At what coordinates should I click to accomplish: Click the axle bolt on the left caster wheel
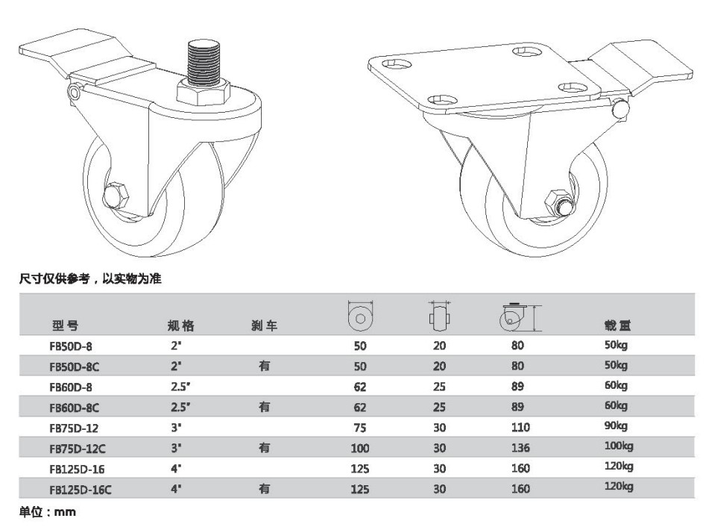coord(116,196)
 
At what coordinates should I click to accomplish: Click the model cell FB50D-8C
coord(74,367)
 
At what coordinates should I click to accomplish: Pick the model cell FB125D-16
coord(77,469)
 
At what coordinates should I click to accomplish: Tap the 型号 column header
coord(65,325)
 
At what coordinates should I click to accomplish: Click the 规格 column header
coord(181,325)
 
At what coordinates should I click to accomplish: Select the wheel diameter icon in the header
coord(360,316)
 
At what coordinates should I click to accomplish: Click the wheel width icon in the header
coord(440,316)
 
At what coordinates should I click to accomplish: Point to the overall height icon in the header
coord(520,317)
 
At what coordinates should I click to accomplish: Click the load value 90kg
coord(617,426)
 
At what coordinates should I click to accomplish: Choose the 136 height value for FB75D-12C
coord(520,448)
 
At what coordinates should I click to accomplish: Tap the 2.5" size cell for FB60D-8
coord(180,387)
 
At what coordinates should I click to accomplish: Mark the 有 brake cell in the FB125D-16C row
coord(265,489)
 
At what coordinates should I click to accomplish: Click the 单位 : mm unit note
coord(48,512)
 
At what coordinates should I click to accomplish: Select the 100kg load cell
coord(619,446)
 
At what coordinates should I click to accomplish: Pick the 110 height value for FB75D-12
coord(520,427)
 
